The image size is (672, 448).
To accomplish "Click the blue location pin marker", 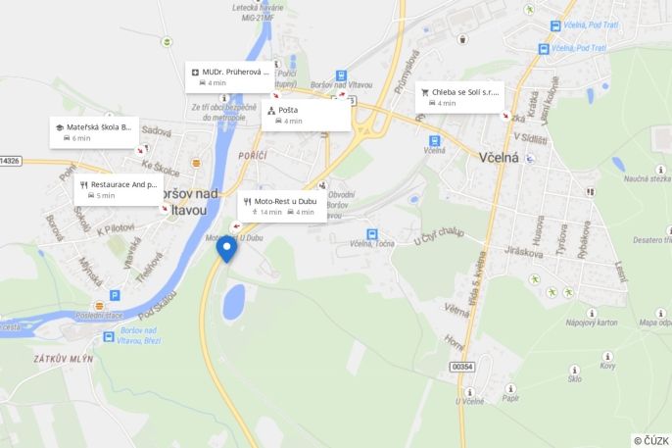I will click(x=227, y=248).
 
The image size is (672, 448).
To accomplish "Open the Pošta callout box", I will click(x=306, y=115).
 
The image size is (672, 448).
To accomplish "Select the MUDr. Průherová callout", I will click(x=229, y=76).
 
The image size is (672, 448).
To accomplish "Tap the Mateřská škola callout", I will click(x=94, y=131).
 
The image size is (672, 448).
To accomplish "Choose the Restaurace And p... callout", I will click(x=118, y=189).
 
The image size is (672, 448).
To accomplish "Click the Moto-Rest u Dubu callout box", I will click(x=282, y=206).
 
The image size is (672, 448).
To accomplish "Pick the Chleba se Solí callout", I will click(x=459, y=96).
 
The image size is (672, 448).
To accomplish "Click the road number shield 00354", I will click(x=461, y=366).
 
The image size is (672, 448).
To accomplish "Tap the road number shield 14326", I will click(x=10, y=160).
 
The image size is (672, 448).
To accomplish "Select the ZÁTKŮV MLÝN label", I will click(x=63, y=359).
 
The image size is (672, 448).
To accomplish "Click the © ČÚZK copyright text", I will click(x=651, y=440).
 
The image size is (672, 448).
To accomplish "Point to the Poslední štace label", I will click(x=98, y=315).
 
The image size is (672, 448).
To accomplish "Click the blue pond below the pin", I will click(x=233, y=302).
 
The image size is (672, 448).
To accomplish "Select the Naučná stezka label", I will click(x=647, y=178).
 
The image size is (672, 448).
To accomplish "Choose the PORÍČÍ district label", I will click(x=252, y=156).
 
